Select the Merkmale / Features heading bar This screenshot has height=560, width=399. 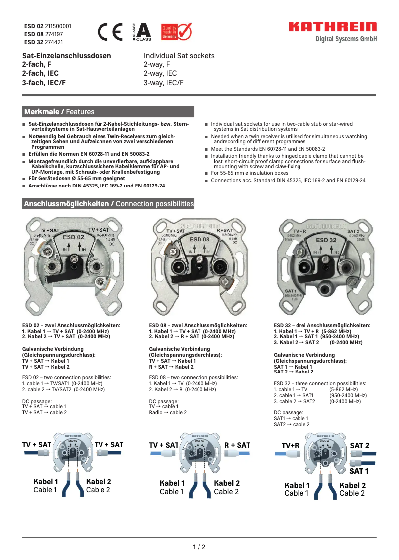[108, 112]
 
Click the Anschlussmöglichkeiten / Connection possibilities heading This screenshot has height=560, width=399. [108, 204]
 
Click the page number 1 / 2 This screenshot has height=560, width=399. [199, 547]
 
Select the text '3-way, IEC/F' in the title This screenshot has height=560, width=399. [164, 83]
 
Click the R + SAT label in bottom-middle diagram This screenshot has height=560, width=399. [237, 445]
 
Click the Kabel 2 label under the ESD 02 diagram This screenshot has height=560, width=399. [99, 481]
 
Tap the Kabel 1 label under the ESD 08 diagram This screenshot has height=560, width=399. [172, 483]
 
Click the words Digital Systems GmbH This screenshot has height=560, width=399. [346, 39]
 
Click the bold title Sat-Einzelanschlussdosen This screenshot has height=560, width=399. [67, 56]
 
